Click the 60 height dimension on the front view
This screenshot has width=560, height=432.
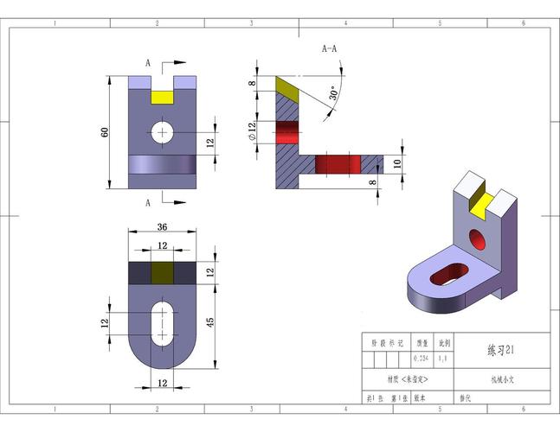pos(105,132)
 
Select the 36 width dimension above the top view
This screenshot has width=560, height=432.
pos(161,228)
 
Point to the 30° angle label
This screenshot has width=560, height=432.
pos(333,94)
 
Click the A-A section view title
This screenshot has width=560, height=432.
pos(330,49)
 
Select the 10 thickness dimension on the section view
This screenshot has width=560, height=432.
pos(397,162)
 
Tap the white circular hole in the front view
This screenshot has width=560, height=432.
pos(162,132)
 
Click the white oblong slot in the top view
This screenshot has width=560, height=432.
pos(162,322)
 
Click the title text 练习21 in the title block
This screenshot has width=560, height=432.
pos(501,351)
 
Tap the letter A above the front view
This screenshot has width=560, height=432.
pos(148,63)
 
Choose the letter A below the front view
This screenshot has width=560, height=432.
pos(148,202)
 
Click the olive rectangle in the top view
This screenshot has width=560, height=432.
pos(162,273)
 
